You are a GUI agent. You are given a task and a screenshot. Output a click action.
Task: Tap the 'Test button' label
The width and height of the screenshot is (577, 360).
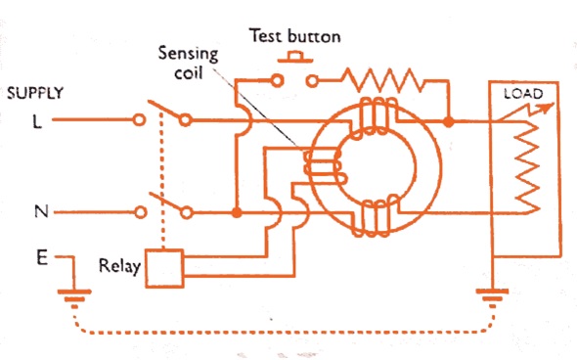coord(294,36)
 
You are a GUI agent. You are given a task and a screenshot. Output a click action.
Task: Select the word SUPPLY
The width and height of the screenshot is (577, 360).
coord(35,93)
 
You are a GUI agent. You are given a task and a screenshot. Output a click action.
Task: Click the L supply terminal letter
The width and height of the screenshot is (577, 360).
coord(37,121)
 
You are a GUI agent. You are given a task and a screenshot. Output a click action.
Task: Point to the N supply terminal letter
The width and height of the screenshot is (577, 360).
coord(41,211)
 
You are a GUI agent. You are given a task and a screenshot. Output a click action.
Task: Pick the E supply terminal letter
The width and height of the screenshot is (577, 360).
coord(42,257)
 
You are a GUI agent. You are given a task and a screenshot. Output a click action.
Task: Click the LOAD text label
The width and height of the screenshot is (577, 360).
coord(523,94)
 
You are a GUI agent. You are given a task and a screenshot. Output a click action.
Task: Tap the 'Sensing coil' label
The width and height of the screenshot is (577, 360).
coord(189,63)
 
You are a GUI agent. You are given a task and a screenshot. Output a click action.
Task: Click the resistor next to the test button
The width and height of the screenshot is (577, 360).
coord(382,80)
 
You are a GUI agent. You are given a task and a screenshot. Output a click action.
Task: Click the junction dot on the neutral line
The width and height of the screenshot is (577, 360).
coord(237,212)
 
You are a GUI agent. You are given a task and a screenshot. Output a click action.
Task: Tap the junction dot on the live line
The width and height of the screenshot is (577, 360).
coord(448,122)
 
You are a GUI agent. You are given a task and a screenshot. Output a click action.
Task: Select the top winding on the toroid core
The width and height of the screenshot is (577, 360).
coord(374,118)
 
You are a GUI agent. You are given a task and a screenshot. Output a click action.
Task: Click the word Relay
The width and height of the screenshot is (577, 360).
coord(120,266)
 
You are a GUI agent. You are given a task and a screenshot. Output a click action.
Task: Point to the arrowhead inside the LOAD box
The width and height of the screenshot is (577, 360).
coord(548,107)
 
